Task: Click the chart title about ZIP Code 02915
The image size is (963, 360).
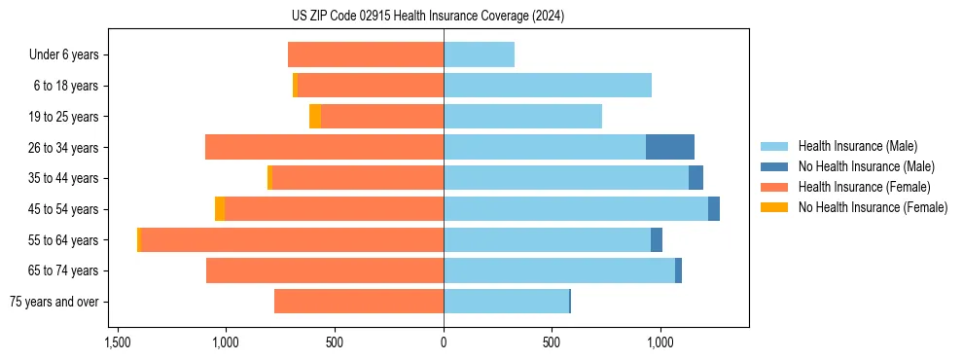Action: pos(427,17)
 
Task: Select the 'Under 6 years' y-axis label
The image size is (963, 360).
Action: pos(64,55)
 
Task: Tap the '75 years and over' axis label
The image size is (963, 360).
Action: pos(54,302)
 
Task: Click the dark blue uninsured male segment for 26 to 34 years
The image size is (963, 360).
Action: pos(670,147)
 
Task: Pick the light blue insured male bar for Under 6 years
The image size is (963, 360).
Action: pos(479,54)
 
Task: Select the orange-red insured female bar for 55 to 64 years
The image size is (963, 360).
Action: pos(292,239)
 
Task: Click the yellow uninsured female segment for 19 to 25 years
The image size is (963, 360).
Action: pos(315,116)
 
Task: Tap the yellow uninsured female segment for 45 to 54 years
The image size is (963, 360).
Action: pos(220,208)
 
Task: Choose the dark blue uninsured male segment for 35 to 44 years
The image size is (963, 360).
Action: pos(695,178)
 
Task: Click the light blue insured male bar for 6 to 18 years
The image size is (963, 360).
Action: pos(548,86)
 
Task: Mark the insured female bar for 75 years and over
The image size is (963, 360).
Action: pos(359,302)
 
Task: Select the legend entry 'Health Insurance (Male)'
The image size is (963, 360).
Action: pos(857,146)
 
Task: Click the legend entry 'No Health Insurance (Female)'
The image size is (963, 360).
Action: pos(873,207)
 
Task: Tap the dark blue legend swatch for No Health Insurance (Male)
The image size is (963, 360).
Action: pos(773,166)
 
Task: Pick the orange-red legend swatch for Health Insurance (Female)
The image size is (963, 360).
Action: pos(773,187)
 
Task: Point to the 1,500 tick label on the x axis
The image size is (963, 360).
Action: pos(117,342)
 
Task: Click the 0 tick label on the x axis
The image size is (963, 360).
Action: pos(444,342)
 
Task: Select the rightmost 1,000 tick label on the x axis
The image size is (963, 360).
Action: pos(660,342)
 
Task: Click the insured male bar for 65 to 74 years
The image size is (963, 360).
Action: pos(559,270)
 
